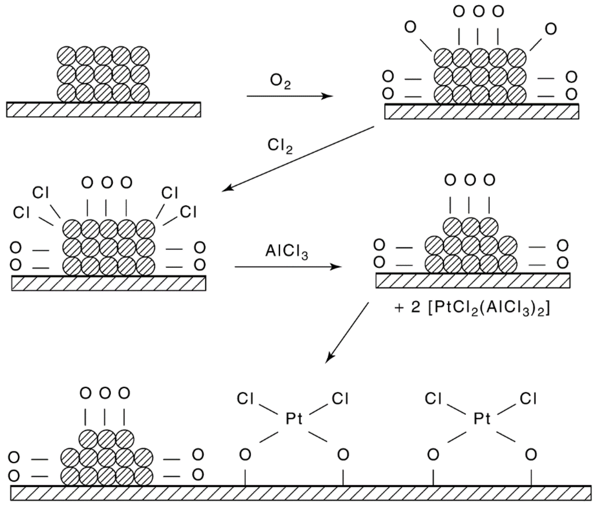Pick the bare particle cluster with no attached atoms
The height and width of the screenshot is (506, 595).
point(104,74)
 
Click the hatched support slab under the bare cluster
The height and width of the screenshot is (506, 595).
point(103,109)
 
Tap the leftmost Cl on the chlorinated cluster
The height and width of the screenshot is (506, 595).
point(21,213)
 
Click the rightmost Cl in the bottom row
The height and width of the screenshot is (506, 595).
point(529,399)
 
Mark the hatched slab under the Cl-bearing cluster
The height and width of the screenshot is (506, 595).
point(108,283)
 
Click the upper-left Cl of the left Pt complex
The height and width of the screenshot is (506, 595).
point(246,399)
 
